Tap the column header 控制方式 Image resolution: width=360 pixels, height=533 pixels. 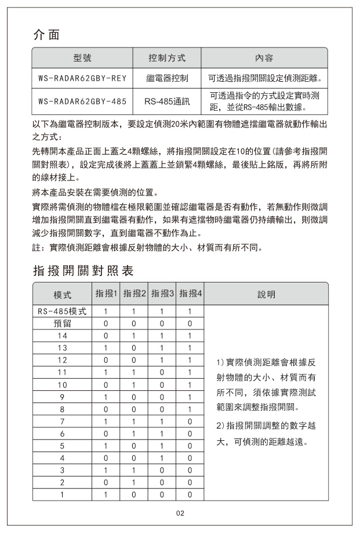tap(167, 58)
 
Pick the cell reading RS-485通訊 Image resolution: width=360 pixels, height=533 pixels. tap(167, 101)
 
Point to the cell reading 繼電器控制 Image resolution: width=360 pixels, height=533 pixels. tap(167, 77)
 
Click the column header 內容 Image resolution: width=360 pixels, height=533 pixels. tap(264, 58)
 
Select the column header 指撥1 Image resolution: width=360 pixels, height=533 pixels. tap(106, 294)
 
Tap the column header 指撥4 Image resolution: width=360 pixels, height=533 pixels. tap(190, 294)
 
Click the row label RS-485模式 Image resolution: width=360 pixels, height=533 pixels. tap(62, 311)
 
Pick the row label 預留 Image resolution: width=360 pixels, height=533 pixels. tap(62, 323)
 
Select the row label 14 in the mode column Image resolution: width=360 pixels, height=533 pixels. tap(62, 335)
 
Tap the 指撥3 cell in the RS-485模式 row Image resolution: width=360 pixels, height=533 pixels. tap(162, 311)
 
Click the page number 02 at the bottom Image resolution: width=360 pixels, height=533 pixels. tap(180, 513)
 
